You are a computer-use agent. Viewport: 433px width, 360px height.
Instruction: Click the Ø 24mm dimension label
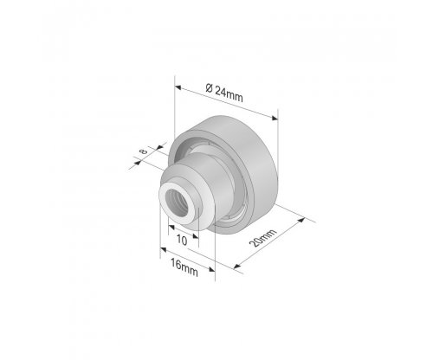point(224,93)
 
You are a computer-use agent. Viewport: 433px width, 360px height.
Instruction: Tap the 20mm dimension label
point(262,238)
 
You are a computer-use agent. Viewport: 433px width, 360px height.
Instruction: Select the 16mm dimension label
point(184,267)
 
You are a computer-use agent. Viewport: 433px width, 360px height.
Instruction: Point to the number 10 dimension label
point(182,240)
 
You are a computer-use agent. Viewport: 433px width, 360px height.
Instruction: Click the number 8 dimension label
point(144,151)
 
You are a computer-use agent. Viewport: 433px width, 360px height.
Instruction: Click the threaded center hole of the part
point(178,203)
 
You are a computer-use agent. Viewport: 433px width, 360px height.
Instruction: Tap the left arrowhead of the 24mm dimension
point(178,87)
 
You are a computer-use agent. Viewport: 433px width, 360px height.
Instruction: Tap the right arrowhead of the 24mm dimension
point(275,118)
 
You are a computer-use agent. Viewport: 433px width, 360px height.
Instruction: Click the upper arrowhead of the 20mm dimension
point(301,220)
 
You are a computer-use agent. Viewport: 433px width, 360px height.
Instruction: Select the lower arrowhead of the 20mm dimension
point(237,267)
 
